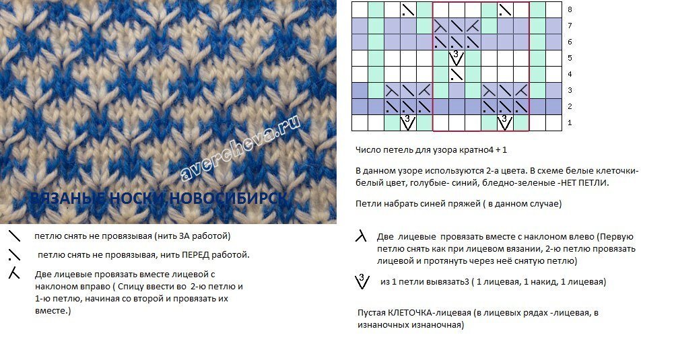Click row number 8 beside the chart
pos(570,9)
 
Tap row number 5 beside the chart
pos(570,58)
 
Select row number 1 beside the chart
pos(570,122)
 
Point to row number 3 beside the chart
pos(570,90)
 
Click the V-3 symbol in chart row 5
pos(456,58)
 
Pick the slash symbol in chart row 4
pos(456,74)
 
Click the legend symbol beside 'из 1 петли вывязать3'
pos(362,281)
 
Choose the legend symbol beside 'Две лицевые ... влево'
pos(362,236)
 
